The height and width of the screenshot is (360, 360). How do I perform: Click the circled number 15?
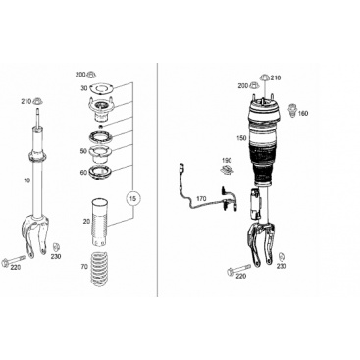[x=133, y=198]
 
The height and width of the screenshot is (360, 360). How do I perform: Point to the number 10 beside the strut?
[x=26, y=180]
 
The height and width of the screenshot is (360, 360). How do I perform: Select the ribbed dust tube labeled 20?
[x=100, y=223]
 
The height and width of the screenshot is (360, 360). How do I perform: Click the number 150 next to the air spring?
[x=242, y=138]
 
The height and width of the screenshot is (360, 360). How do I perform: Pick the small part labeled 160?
[x=292, y=110]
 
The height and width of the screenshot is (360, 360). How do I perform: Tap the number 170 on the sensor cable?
[x=201, y=198]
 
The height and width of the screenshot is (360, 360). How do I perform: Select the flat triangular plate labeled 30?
[x=101, y=88]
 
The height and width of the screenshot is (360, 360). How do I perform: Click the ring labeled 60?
[x=101, y=172]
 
